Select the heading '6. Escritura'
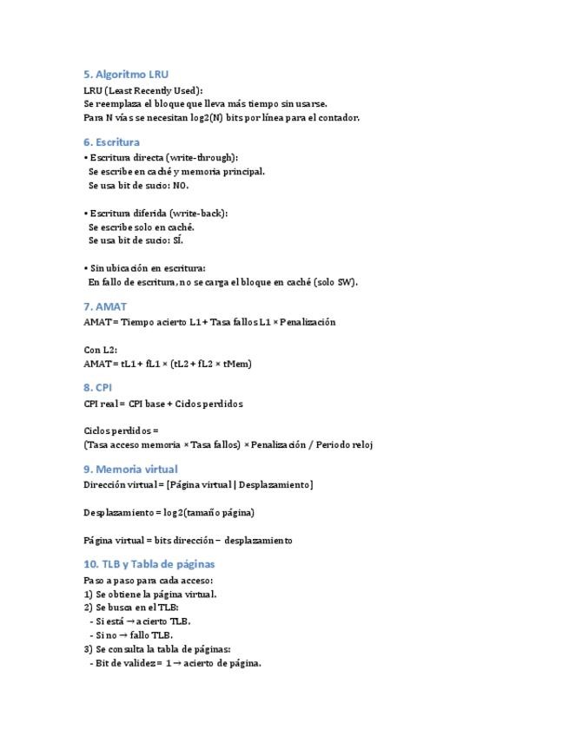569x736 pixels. click(111, 141)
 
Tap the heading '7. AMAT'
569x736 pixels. click(105, 306)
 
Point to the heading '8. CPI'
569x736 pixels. click(97, 387)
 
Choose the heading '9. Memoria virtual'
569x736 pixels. click(130, 469)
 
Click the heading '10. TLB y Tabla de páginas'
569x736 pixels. click(149, 564)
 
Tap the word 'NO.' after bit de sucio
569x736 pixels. click(181, 185)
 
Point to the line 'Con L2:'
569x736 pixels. click(101, 350)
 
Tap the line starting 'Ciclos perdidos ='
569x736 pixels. click(122, 430)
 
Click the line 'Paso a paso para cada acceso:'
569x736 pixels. click(148, 580)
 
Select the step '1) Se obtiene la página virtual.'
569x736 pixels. click(150, 595)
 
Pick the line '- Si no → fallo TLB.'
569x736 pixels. click(131, 634)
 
